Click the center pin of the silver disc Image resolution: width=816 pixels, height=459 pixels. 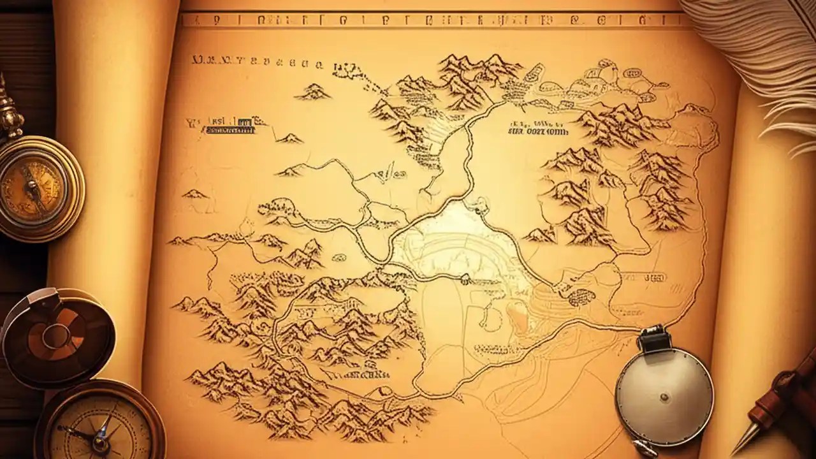coord(665,397)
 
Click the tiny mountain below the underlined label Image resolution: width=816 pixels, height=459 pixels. coord(290,138)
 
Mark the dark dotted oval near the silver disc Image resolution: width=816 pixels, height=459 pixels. coord(581,296)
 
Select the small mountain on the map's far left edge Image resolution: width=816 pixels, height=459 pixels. coord(194,194)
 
